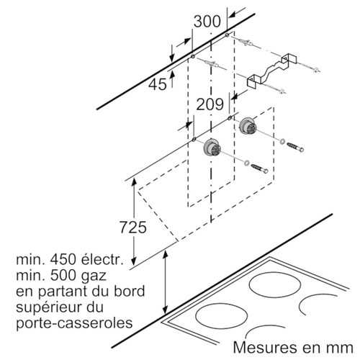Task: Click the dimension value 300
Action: click(x=207, y=22)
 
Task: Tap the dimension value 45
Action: click(x=157, y=84)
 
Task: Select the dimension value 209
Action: click(x=210, y=104)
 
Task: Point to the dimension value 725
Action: click(x=133, y=228)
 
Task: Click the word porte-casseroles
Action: click(x=74, y=323)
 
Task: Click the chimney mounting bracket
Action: click(x=272, y=70)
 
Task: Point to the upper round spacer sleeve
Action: click(x=248, y=125)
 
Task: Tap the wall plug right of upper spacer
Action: click(x=295, y=147)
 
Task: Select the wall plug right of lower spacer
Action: click(x=259, y=168)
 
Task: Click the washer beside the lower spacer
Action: click(x=247, y=163)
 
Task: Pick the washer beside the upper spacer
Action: click(x=282, y=141)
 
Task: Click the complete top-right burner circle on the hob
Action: click(x=275, y=284)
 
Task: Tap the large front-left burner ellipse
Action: click(x=221, y=316)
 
